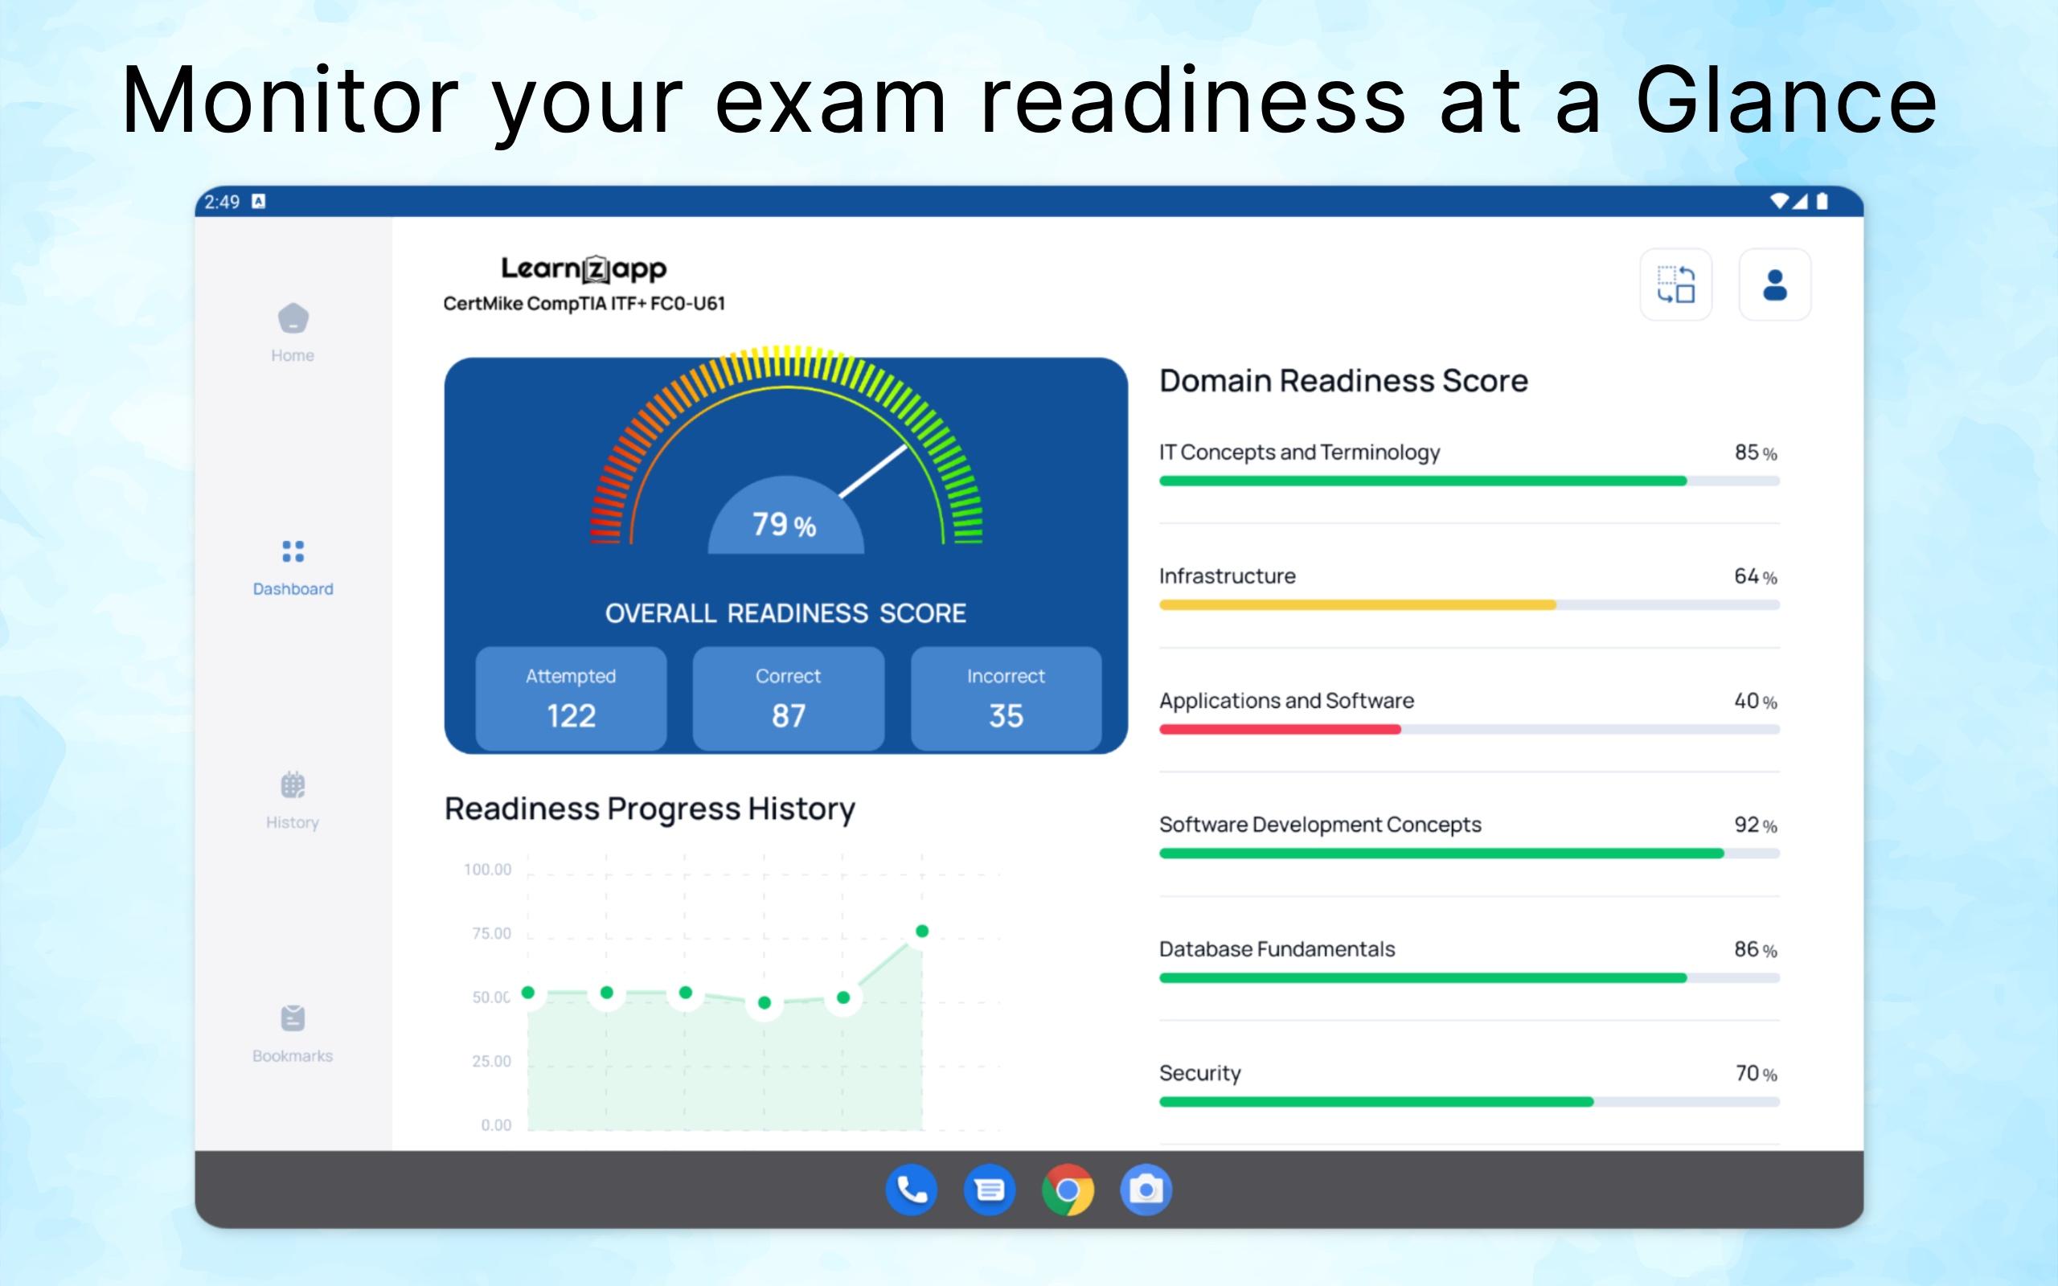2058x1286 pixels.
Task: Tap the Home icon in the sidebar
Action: [x=293, y=318]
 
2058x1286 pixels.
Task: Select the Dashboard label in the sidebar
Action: [x=293, y=588]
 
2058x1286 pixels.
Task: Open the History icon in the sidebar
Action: [x=293, y=784]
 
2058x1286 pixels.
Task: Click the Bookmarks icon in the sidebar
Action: [x=293, y=1018]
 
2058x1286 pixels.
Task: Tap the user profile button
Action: [x=1775, y=285]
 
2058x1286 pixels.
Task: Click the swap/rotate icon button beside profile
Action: [x=1675, y=285]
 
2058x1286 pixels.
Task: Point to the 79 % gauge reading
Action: [x=784, y=525]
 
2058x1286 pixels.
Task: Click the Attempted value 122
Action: [x=572, y=716]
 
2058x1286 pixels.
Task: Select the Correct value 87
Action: [x=789, y=716]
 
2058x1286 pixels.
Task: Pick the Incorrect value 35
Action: [x=1006, y=716]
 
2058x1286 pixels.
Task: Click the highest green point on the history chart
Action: [x=922, y=932]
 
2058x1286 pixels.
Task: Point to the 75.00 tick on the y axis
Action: [x=491, y=933]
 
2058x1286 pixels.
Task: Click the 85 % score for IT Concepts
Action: [x=1756, y=453]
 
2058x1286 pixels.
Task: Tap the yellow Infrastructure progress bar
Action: [x=1357, y=604]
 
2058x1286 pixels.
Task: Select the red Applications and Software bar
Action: [x=1280, y=729]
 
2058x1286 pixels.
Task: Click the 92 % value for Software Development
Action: [x=1756, y=825]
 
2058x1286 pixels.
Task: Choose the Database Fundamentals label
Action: [x=1277, y=949]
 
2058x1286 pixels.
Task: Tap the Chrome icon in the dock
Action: [x=1068, y=1190]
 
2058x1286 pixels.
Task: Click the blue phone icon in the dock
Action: [x=912, y=1190]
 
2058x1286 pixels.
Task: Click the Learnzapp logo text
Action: [x=584, y=268]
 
